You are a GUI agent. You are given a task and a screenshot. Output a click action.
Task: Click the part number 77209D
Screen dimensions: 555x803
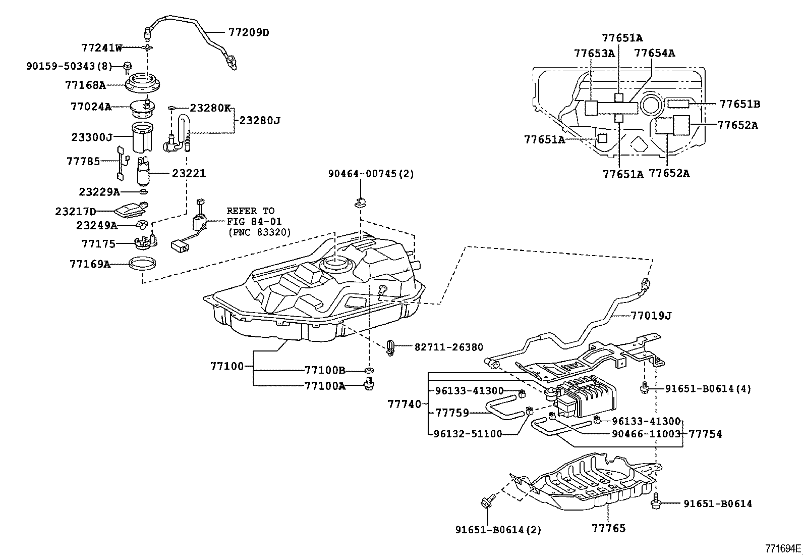point(249,33)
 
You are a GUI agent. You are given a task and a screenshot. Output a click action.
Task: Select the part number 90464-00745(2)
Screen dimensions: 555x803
point(371,174)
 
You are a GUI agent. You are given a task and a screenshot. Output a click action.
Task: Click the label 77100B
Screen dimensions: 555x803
point(325,370)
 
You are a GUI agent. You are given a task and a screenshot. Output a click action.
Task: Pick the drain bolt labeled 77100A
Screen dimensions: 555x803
point(370,386)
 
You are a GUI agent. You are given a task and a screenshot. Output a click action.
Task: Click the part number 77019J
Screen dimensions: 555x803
point(651,316)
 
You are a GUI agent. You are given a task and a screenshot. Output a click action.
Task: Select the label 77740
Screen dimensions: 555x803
point(404,404)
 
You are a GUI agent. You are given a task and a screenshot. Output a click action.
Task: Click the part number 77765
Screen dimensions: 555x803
point(608,528)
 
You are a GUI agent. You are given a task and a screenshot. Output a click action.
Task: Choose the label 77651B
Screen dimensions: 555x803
point(739,105)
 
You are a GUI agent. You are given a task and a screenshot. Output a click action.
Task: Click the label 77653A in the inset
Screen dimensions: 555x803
point(594,54)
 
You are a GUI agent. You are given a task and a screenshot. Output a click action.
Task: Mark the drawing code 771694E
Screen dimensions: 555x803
point(783,548)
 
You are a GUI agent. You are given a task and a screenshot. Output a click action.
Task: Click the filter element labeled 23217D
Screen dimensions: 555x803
point(130,209)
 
